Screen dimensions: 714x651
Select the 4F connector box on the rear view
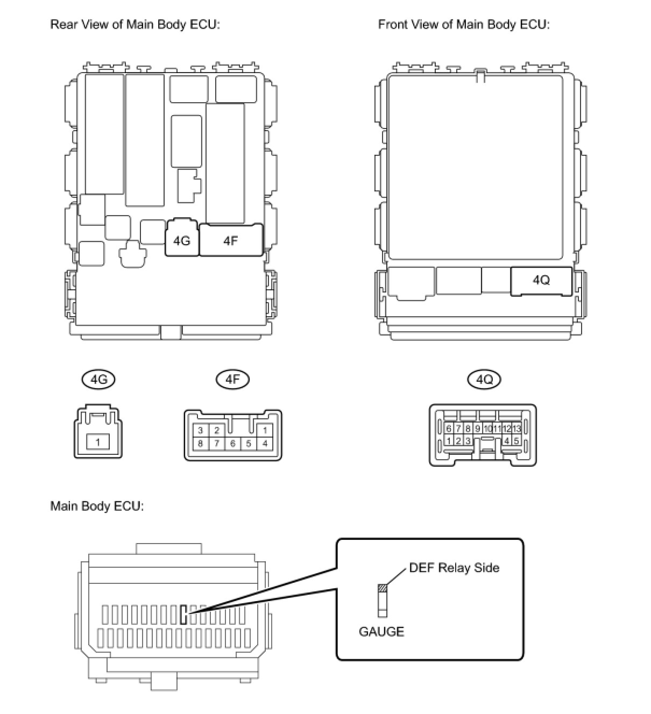tap(231, 240)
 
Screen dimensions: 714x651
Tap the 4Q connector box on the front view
tap(541, 280)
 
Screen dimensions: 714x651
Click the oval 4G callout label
tap(99, 380)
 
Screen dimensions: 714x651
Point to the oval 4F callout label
tap(232, 380)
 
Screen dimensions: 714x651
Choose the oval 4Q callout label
tap(484, 380)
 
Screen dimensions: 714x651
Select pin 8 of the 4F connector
tap(200, 444)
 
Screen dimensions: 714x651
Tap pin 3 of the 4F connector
tap(200, 430)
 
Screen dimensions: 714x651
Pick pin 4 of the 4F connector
tap(265, 444)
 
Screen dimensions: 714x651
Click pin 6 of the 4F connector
tap(233, 444)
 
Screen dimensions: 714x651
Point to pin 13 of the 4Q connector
tap(516, 429)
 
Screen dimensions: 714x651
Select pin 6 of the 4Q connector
tap(449, 429)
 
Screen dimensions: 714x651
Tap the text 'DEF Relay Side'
tap(454, 568)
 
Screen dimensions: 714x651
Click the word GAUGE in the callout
tap(381, 631)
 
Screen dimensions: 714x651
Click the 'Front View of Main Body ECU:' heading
tap(463, 25)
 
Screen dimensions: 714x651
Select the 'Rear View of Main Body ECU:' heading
tap(135, 25)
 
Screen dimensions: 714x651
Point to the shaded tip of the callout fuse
tap(383, 588)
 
